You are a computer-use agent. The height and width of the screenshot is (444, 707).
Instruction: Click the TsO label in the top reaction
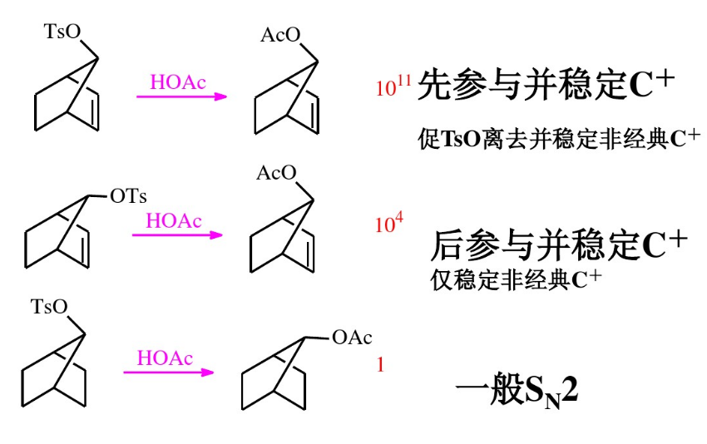[63, 32]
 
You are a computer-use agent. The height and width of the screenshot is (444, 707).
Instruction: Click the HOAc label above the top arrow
[177, 81]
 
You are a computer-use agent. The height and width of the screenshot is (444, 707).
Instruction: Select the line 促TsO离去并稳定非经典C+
[558, 138]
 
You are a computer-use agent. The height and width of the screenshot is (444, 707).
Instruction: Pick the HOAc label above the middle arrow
[174, 220]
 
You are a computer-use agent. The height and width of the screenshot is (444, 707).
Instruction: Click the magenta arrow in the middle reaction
[178, 234]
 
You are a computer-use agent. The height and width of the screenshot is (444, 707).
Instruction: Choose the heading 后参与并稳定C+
[558, 245]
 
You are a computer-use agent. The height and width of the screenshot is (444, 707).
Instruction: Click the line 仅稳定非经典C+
[515, 279]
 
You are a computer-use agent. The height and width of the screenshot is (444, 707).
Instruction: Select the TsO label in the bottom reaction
[49, 308]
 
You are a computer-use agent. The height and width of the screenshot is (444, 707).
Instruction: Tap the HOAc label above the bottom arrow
[165, 358]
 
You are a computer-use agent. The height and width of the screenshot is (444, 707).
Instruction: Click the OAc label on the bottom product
[351, 337]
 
